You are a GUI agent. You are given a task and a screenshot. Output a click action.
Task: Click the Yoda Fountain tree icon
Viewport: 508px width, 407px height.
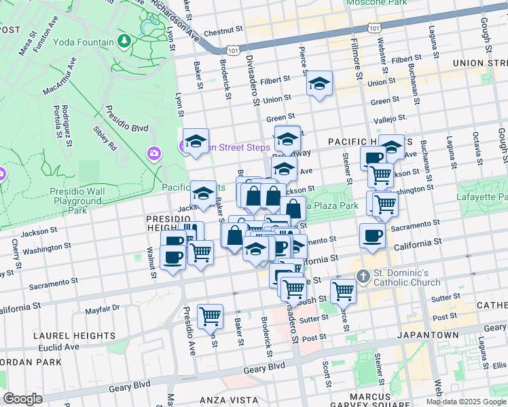124,42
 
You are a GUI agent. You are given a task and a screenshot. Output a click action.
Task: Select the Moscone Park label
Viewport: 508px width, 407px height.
377,3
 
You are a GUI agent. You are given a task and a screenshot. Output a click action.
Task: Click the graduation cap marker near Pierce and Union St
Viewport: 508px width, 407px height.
319,84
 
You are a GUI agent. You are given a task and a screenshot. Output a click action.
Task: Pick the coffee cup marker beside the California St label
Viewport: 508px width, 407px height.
371,236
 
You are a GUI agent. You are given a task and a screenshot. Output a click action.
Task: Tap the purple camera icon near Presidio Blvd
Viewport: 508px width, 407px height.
154,153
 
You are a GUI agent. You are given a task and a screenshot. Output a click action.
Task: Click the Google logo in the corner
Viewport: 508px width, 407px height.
23,399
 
